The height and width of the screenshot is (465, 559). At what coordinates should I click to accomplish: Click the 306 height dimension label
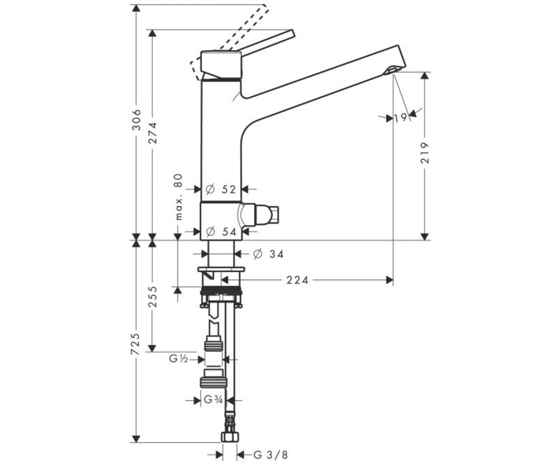point(137,120)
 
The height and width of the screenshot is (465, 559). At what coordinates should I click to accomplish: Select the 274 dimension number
point(153,133)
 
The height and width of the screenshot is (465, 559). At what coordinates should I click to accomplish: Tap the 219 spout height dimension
point(424,153)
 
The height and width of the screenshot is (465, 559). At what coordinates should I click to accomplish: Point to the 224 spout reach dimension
point(297,280)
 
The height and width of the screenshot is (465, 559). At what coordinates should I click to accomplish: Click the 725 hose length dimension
point(135,344)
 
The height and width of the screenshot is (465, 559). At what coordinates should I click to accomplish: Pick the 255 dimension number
point(153,297)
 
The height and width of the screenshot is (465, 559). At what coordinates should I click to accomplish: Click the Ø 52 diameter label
point(221,189)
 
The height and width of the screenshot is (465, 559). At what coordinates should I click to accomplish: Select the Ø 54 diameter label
point(221,232)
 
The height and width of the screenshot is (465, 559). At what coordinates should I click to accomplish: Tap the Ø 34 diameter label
point(268,254)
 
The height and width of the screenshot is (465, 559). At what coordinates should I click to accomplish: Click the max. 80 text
point(179,197)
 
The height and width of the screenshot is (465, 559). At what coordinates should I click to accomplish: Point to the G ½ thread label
point(178,359)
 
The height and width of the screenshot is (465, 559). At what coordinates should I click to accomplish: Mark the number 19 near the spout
point(401,118)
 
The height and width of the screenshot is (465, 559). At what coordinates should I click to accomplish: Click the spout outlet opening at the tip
point(391,71)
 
